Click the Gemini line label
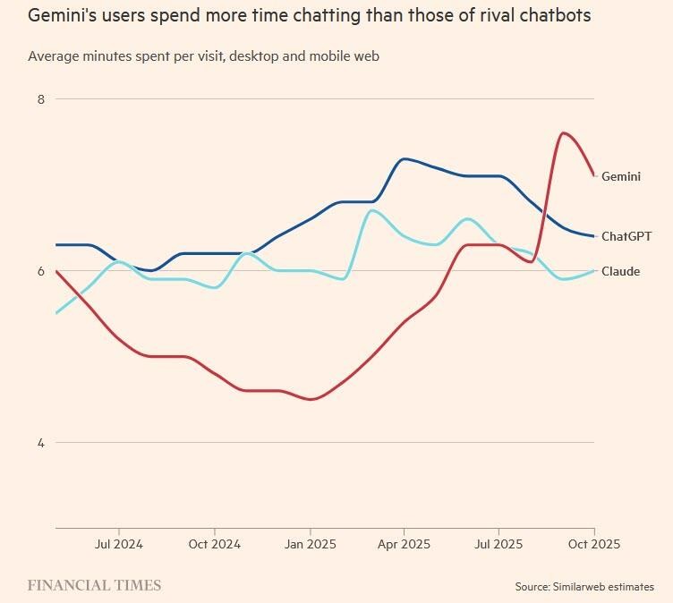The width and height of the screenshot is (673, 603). coord(620,176)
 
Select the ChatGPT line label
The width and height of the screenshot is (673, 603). coord(626,236)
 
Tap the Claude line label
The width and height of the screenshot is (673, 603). coord(620,271)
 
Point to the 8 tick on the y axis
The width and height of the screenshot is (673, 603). coord(40,99)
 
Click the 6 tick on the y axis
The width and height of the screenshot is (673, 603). coord(40,271)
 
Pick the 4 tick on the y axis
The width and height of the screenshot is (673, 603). coord(40,443)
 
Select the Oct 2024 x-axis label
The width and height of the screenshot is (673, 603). coord(214,543)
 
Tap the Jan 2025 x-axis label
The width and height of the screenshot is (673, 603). coord(310,543)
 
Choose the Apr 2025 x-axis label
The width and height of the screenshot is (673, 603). coord(404,543)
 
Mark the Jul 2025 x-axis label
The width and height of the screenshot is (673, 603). coord(498,543)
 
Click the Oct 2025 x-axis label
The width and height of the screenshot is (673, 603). coord(593,543)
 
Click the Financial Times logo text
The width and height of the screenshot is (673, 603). coord(94,585)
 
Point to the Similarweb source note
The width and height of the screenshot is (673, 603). coord(584,587)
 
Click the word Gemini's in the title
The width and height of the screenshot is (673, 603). coord(63,15)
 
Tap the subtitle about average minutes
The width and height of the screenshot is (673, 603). coord(203,55)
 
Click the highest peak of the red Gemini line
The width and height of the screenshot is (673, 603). coord(562,132)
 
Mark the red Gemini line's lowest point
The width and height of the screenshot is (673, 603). coord(311,399)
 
